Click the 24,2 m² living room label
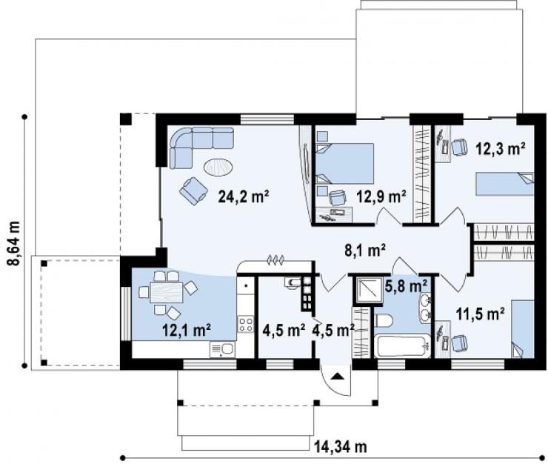pos(244,197)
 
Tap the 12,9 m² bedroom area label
pos(381,197)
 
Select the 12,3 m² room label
pos(501,149)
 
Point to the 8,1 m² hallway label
pos(364,250)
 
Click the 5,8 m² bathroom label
pos(406,286)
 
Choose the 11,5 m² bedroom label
pos(480,314)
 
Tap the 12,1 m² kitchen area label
pos(187,330)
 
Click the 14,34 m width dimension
pos(341,447)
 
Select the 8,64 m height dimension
pos(14,243)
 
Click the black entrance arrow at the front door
pos(336,377)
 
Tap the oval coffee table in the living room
pos(218,168)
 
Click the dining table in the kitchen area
pos(167,292)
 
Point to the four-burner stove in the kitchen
pos(245,324)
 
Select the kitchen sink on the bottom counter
pos(222,349)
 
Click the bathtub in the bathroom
pos(402,345)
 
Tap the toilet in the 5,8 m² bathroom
pos(384,320)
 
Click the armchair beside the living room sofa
pos(193,191)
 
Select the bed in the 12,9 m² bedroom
pos(345,163)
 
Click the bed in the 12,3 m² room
pos(504,184)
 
